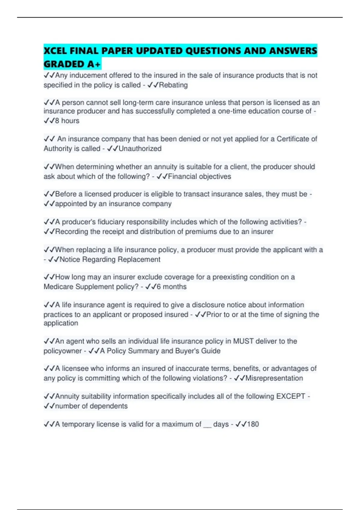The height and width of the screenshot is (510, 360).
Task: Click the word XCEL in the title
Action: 55,51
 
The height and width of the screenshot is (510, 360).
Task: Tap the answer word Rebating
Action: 173,85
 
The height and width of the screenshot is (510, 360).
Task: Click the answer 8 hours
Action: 67,121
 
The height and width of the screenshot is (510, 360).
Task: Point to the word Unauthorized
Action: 140,149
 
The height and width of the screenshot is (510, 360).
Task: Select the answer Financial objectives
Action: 199,177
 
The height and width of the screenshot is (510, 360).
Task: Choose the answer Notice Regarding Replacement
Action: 110,259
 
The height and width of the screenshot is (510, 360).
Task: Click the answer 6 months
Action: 172,287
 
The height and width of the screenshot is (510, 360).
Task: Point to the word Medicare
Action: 58,287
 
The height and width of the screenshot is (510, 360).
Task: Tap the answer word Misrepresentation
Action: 274,378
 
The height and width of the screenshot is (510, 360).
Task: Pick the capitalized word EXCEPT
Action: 291,396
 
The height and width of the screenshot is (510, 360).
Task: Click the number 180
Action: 253,424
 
